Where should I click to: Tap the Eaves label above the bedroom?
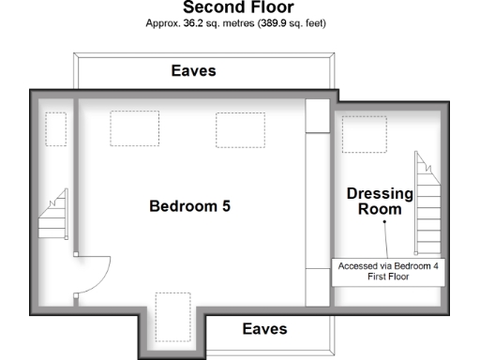(x=193, y=70)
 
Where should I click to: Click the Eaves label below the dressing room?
(x=264, y=329)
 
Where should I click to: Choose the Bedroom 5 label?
(x=189, y=206)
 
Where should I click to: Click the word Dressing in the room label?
(x=380, y=194)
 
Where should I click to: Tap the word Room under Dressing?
(x=380, y=210)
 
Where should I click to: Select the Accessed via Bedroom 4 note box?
(x=387, y=272)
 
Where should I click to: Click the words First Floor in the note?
(x=387, y=278)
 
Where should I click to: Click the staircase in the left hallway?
(x=52, y=216)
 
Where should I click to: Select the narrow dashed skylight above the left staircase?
(x=56, y=128)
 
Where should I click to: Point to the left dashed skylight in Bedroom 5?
(x=133, y=128)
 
